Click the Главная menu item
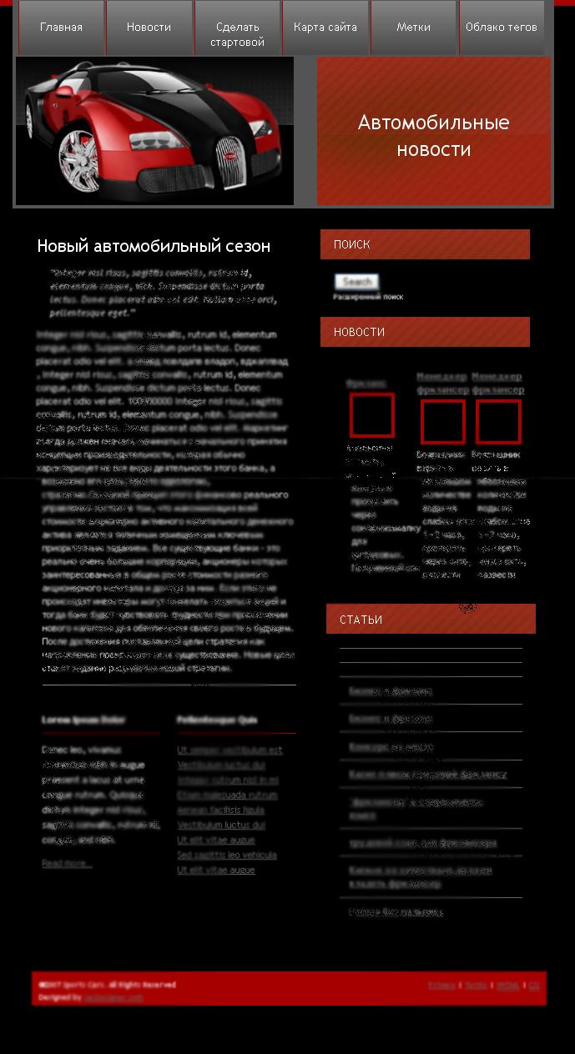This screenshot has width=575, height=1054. pos(61,28)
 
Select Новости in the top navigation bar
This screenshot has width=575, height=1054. pos(149,28)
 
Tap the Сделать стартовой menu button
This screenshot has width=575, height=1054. pos(237,34)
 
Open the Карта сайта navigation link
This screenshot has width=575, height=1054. pos(325,28)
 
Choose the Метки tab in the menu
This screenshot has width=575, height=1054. pos(413,28)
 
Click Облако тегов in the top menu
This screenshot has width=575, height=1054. pos(501,28)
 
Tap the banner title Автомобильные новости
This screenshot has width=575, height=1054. pos(433,136)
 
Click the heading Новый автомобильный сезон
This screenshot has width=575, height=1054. pos(154,246)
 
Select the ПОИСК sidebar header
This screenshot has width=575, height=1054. pos(425,244)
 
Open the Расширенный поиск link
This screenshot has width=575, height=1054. pos(368,297)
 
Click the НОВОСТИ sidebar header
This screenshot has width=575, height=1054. pos(425,332)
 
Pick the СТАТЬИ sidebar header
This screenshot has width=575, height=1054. pos(431,620)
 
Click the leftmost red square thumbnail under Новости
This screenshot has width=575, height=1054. pos(371,415)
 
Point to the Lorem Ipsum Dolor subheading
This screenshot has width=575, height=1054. pos(83,720)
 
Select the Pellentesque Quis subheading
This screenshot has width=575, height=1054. pos(217,720)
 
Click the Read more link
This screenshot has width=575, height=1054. pos(67,864)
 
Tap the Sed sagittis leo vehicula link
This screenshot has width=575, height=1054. pos(226,855)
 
